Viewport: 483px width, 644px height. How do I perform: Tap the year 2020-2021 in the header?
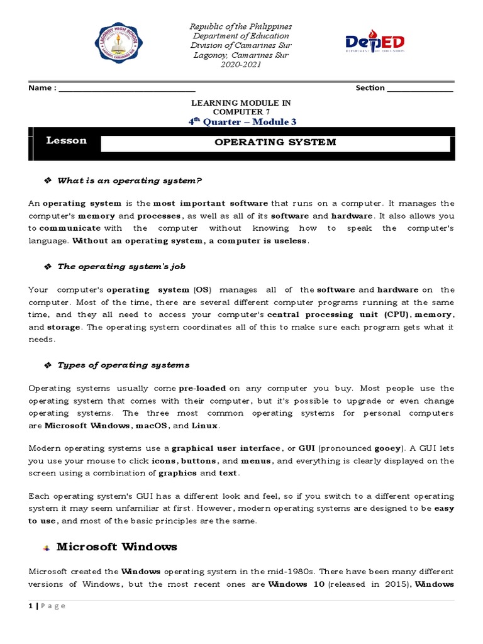pyautogui.click(x=241, y=65)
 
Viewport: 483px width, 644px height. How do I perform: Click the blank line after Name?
pyautogui.click(x=126, y=89)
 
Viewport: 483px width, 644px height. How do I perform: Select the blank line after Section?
pyautogui.click(x=420, y=89)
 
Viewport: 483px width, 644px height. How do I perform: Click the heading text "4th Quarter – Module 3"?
pyautogui.click(x=242, y=122)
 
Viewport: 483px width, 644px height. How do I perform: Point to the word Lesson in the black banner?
pyautogui.click(x=66, y=141)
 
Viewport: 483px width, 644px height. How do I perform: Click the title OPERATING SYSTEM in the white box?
pyautogui.click(x=275, y=142)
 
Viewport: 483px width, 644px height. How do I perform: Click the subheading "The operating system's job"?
pyautogui.click(x=121, y=267)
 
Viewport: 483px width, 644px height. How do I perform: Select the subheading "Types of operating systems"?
pyautogui.click(x=123, y=365)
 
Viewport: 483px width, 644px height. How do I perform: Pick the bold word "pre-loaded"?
pyautogui.click(x=202, y=389)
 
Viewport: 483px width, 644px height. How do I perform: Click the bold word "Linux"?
pyautogui.click(x=204, y=426)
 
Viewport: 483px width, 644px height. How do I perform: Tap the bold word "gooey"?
pyautogui.click(x=387, y=448)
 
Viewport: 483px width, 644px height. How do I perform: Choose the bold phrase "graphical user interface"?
pyautogui.click(x=226, y=448)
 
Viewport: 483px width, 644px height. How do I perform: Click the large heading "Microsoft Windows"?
pyautogui.click(x=116, y=547)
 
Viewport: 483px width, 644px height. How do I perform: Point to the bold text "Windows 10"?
pyautogui.click(x=296, y=584)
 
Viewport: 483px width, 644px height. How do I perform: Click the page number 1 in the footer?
pyautogui.click(x=30, y=606)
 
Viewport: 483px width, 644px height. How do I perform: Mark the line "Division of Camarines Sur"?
pyautogui.click(x=241, y=45)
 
